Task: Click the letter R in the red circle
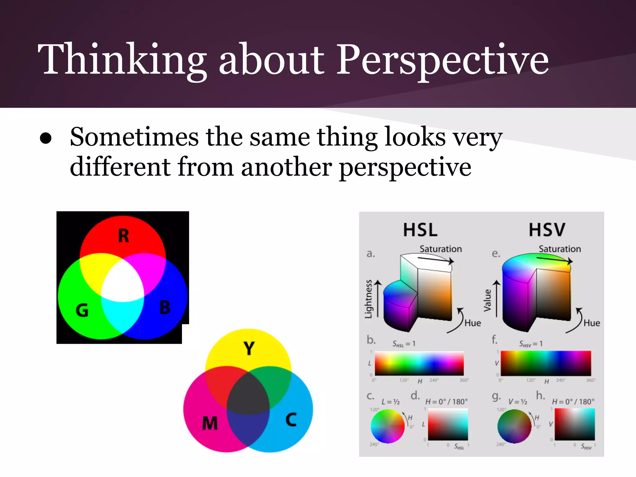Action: coord(123,236)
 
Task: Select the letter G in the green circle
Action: coord(82,310)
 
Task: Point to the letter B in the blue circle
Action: coord(165,307)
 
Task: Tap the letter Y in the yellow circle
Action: coord(249,348)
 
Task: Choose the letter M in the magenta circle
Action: coord(210,423)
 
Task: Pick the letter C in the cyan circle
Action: coord(291,420)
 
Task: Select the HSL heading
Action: coord(420,230)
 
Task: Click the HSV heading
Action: coord(547,230)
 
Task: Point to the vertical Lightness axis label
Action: coord(368,299)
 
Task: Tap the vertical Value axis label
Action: coord(488,300)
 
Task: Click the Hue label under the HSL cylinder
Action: coord(473,323)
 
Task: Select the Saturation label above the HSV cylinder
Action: coord(560,249)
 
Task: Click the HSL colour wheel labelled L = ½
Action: coord(388,426)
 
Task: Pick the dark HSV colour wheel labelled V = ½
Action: coord(514,426)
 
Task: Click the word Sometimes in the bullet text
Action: coord(134,137)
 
